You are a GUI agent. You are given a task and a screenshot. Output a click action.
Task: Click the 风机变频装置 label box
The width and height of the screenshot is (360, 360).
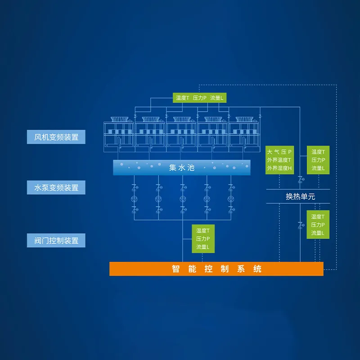tap(56, 137)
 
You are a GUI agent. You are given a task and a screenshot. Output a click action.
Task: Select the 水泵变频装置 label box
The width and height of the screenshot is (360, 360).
tap(56, 187)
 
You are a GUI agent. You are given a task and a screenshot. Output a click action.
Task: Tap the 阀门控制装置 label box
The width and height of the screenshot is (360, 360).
tap(56, 240)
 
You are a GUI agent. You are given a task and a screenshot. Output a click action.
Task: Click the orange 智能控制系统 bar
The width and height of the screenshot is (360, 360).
tap(216, 269)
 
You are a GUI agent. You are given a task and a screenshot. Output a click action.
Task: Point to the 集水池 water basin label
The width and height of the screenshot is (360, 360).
tap(182, 167)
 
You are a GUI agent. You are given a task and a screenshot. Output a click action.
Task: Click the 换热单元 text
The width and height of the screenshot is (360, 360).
tap(300, 197)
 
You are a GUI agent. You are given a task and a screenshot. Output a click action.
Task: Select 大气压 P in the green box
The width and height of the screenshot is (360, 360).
tap(279, 152)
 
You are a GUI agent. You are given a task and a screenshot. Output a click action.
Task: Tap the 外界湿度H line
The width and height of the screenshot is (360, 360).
tap(279, 168)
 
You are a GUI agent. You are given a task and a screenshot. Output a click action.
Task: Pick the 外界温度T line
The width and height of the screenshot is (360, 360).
tap(279, 160)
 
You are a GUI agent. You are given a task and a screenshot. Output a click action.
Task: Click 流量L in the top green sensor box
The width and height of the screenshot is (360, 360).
tap(216, 98)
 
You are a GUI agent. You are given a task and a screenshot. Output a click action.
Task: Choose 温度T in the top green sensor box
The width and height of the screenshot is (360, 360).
tap(182, 98)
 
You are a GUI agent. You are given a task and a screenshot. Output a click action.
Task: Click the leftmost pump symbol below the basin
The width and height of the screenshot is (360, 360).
tap(134, 199)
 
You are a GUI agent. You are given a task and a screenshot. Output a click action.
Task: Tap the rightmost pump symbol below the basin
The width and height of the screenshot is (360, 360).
tap(231, 199)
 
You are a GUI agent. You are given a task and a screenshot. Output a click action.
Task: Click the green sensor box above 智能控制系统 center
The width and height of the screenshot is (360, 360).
tap(203, 239)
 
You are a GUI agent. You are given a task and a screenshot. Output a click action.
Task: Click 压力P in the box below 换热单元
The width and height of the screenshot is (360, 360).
tap(318, 225)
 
